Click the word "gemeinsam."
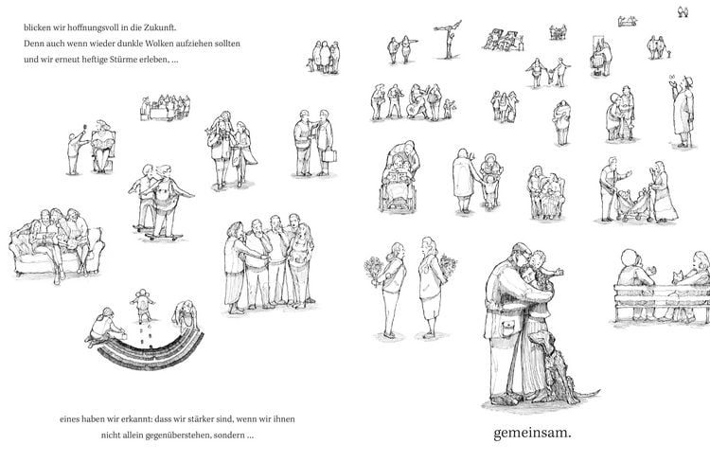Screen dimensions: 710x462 pyautogui.click(x=532, y=433)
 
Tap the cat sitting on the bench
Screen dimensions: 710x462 pyautogui.click(x=678, y=276)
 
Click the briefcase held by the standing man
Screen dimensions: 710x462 pyautogui.click(x=329, y=156)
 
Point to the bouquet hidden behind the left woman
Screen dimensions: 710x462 pyautogui.click(x=375, y=271)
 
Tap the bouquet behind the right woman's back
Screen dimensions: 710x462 pyautogui.click(x=449, y=265)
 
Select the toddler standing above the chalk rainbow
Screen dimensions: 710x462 pyautogui.click(x=143, y=305)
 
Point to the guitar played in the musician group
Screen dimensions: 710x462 pyautogui.click(x=415, y=109)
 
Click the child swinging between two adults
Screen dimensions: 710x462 pyautogui.click(x=550, y=76)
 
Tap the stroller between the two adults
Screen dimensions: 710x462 pyautogui.click(x=634, y=206)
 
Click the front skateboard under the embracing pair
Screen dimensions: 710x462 pyautogui.click(x=166, y=237)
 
